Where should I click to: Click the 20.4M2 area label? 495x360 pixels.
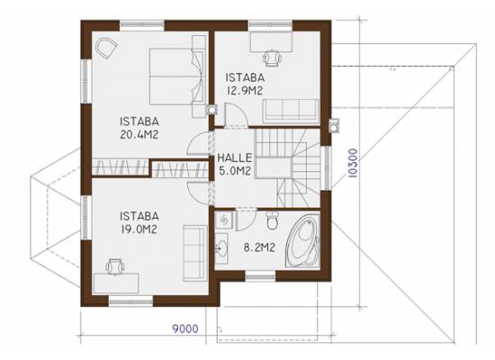(139, 135)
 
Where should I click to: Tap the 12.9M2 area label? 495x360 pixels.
(245, 91)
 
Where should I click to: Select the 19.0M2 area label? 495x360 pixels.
(139, 229)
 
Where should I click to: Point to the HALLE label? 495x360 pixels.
(235, 157)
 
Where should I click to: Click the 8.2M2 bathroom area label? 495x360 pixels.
(259, 247)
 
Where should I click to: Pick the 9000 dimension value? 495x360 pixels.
(185, 328)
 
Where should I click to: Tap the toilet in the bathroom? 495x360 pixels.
(272, 220)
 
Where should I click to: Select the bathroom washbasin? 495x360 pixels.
(221, 247)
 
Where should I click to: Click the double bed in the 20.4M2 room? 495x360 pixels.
(176, 76)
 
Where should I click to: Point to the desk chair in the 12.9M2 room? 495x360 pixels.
(272, 58)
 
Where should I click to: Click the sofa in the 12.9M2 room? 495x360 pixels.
(291, 111)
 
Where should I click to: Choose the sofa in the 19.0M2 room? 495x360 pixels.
(194, 253)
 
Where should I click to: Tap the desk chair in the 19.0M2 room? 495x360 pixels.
(115, 266)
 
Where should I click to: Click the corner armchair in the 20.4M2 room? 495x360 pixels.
(105, 48)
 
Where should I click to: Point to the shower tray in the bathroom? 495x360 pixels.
(224, 220)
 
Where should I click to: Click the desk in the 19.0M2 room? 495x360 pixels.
(116, 283)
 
